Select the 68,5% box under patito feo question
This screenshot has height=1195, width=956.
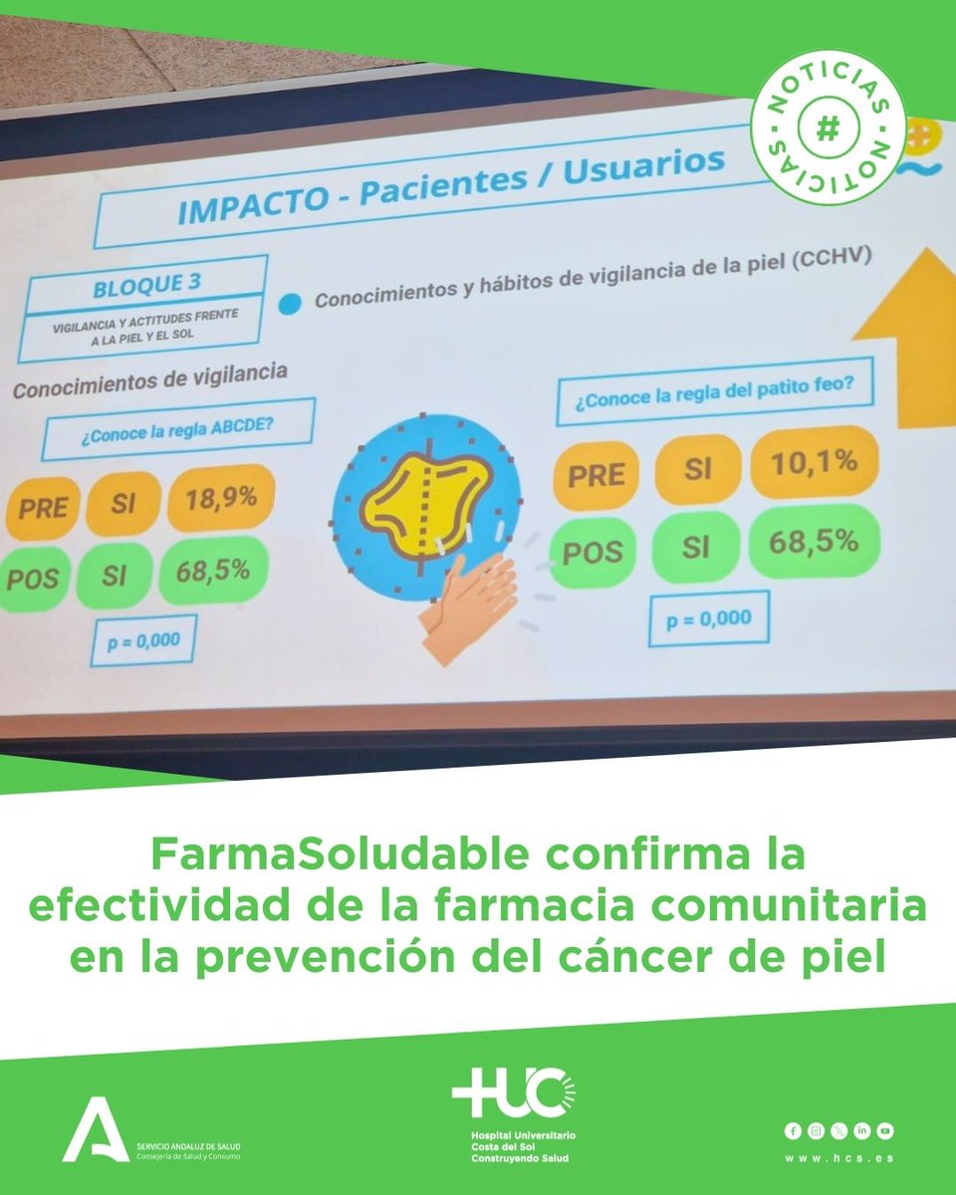(x=814, y=542)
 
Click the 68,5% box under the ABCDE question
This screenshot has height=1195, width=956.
(x=211, y=573)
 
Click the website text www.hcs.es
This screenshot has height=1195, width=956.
(x=838, y=1158)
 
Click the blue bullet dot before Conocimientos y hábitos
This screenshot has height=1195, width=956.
(x=291, y=303)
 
